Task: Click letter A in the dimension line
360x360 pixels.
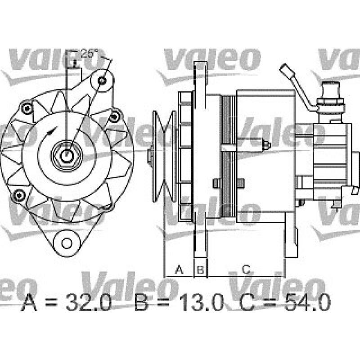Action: pyautogui.click(x=179, y=270)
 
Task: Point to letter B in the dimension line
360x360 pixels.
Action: pyautogui.click(x=201, y=270)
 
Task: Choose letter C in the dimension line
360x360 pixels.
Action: pyautogui.click(x=246, y=270)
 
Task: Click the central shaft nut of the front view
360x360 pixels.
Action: pyautogui.click(x=67, y=155)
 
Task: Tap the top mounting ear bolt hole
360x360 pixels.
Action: pyautogui.click(x=103, y=81)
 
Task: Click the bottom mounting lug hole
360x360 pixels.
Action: pyautogui.click(x=67, y=243)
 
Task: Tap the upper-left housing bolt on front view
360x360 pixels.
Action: pyautogui.click(x=27, y=107)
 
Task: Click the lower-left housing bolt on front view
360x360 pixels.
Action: pyautogui.click(x=18, y=194)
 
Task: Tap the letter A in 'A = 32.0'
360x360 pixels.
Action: pyautogui.click(x=30, y=303)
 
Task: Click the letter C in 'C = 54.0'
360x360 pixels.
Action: pyautogui.click(x=248, y=303)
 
